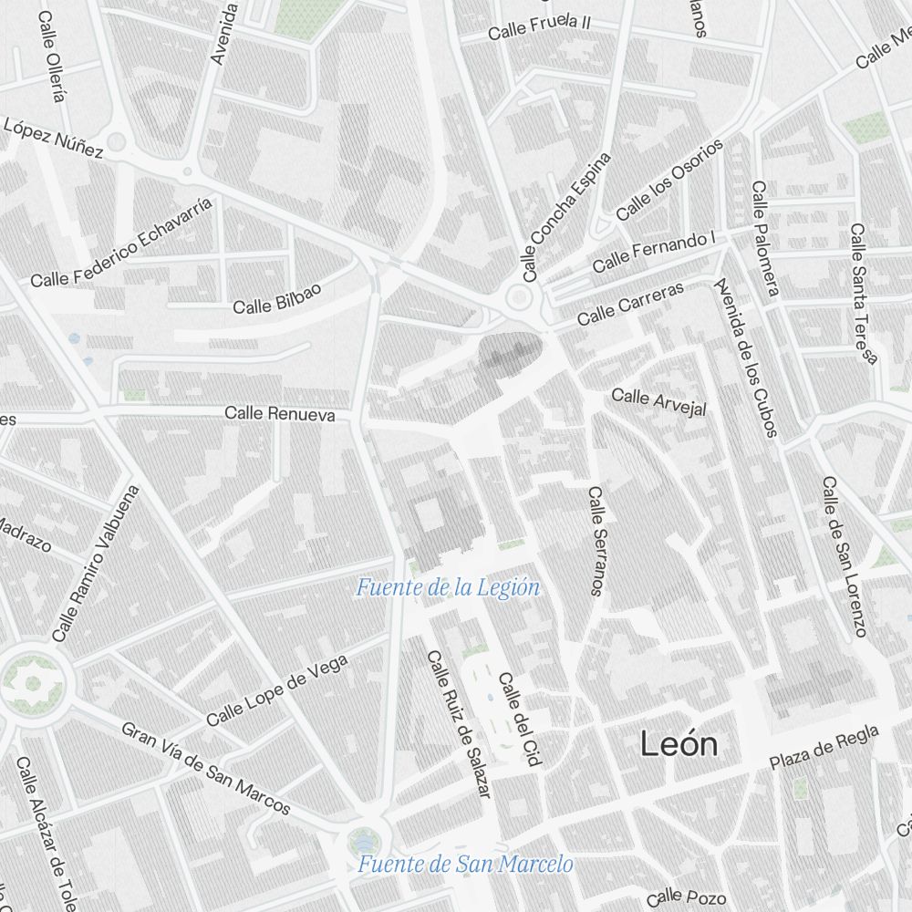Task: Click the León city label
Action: tap(679, 744)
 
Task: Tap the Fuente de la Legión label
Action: tap(448, 588)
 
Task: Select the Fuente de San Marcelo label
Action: tap(465, 864)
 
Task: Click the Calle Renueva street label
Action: tap(280, 414)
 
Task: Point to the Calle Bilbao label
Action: tap(277, 298)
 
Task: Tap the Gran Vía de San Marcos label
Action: tap(206, 769)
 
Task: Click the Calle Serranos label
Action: tap(596, 541)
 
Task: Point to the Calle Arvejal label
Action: tap(658, 401)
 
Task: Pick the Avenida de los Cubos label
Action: tap(746, 358)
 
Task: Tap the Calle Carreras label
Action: tap(630, 304)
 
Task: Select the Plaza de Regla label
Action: tap(824, 747)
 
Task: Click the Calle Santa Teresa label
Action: tap(863, 293)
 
